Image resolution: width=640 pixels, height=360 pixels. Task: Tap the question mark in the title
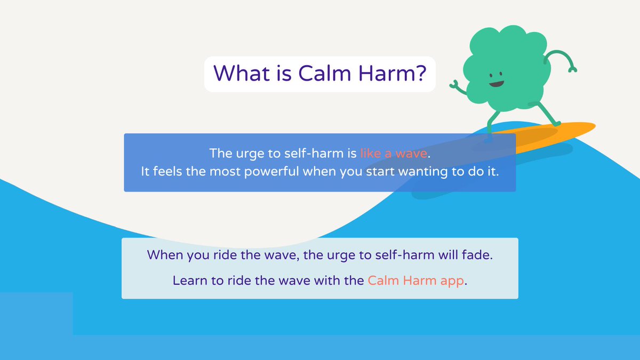pos(419,74)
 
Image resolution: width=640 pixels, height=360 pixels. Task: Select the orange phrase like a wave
pos(394,154)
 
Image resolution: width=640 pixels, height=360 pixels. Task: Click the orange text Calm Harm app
pos(416,281)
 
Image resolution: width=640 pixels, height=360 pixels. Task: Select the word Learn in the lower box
pos(190,281)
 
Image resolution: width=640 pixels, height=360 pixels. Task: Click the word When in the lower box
pos(165,255)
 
